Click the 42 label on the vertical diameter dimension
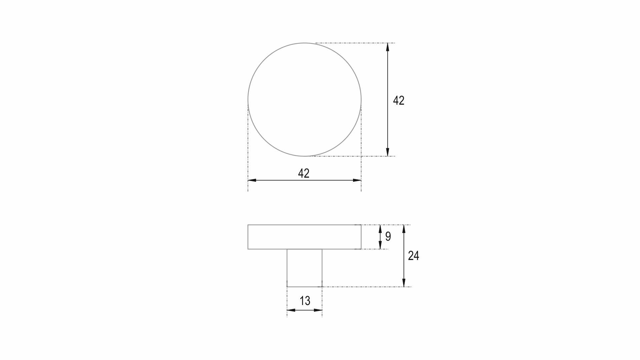point(399,100)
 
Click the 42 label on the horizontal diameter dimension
point(304,173)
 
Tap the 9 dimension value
point(388,236)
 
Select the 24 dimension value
point(413,256)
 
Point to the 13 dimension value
point(305,301)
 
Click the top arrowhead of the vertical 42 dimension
point(387,47)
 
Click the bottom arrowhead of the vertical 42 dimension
point(387,152)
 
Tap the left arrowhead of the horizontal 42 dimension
point(252,180)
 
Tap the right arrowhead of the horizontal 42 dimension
point(357,180)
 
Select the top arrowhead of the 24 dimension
point(404,229)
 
